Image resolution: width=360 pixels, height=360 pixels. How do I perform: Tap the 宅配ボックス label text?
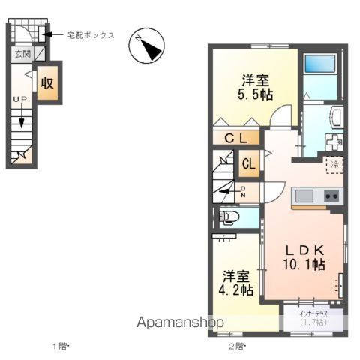90,34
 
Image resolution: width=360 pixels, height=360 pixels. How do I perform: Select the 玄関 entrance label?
21,54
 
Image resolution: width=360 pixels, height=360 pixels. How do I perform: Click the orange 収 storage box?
48,83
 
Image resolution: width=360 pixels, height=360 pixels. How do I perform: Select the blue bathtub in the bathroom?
322,76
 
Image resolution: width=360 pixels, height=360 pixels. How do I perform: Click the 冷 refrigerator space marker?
335,163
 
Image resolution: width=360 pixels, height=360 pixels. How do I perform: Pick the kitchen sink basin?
304,196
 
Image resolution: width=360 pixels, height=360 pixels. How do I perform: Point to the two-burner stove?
331,196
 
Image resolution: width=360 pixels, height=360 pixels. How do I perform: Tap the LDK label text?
303,250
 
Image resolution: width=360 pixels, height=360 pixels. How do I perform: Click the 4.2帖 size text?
237,289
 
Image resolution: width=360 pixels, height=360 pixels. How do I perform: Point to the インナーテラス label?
310,313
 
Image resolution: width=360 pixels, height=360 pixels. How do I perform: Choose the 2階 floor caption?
235,346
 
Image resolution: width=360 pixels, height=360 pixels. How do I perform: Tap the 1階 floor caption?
59,346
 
